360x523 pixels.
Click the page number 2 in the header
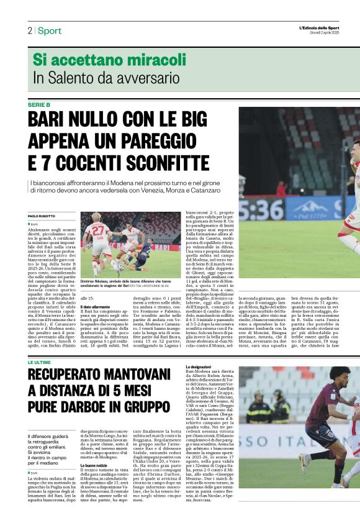pos(29,30)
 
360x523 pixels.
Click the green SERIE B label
pos(38,104)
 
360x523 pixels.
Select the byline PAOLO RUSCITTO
pos(42,216)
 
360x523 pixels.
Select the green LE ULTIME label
pos(39,361)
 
